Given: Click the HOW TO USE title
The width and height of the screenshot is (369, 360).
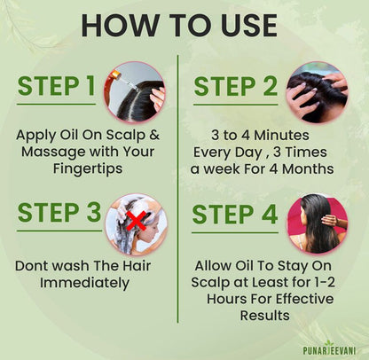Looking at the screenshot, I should pos(184,24).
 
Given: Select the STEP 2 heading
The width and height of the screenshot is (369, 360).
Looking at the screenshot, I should pos(237,86).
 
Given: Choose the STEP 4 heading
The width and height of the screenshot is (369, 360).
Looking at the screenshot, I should pos(235,215).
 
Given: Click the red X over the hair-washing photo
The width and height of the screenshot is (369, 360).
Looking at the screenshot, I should pos(136,221).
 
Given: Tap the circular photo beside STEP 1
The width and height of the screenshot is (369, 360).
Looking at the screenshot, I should pos(137,91).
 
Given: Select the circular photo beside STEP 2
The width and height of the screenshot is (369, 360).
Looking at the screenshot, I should pos(316,90).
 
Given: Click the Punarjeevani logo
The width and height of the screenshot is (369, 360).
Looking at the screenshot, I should pos(329,348).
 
